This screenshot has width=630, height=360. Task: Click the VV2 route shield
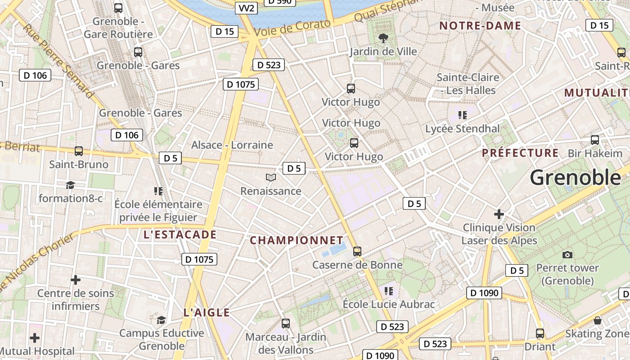(246, 8)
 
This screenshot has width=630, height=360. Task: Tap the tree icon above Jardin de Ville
(383, 38)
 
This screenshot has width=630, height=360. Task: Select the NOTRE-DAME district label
(480, 26)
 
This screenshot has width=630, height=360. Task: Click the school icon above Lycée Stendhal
(462, 115)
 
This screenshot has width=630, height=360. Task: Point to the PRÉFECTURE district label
(520, 153)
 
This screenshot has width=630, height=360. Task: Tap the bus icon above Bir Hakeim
(595, 140)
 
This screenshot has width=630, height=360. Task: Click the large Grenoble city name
(576, 178)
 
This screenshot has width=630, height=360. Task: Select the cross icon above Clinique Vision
(499, 214)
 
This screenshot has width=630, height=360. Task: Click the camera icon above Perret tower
(567, 255)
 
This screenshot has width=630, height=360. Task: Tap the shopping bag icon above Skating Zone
(598, 320)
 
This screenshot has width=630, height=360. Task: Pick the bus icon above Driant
(540, 333)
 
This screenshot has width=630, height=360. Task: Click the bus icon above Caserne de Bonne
(357, 251)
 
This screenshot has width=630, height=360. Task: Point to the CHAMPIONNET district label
(297, 240)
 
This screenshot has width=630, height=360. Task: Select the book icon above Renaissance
(270, 178)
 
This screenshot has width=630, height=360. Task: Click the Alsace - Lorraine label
(232, 145)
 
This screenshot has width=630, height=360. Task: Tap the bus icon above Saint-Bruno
(79, 151)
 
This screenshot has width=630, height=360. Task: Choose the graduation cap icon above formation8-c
(70, 185)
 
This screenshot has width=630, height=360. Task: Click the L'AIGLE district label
(207, 313)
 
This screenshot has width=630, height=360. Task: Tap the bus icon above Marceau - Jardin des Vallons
(286, 323)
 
